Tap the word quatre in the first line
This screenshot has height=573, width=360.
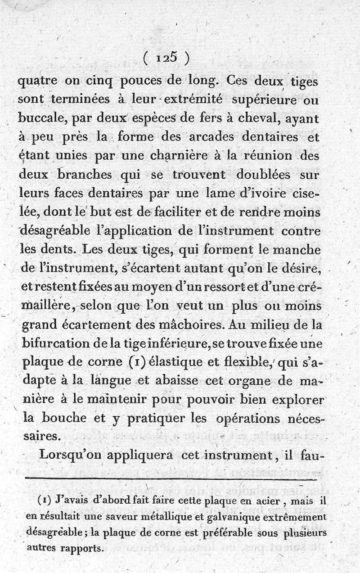(37, 83)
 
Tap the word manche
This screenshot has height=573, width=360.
(299, 249)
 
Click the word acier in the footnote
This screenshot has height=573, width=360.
(266, 501)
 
